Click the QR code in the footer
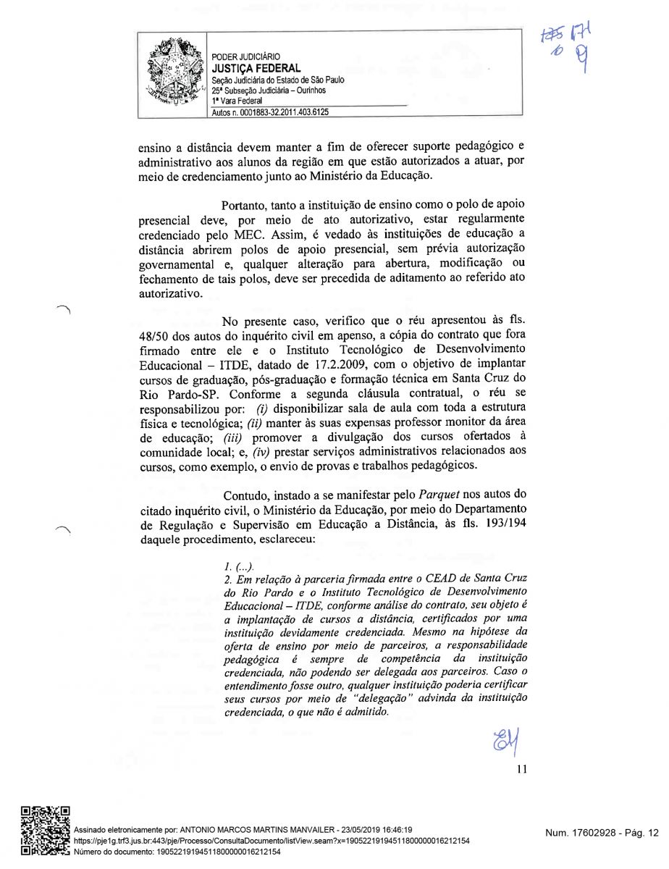click(45, 831)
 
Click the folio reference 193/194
click(492, 525)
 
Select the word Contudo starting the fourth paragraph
click(245, 495)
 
